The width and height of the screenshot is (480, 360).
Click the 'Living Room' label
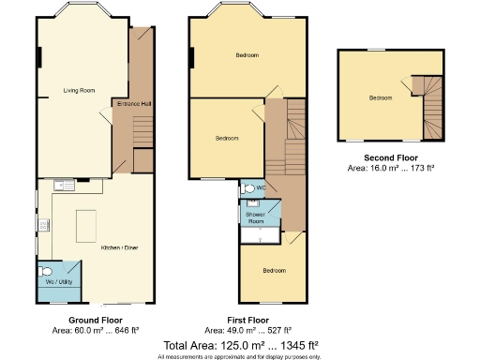click(x=80, y=91)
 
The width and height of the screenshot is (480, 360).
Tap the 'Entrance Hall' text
click(x=132, y=103)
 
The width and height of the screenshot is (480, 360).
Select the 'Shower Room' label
click(x=256, y=217)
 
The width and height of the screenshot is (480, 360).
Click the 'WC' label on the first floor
click(x=261, y=187)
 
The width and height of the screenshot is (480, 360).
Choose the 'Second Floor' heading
click(x=391, y=157)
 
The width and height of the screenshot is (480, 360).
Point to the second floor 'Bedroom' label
click(x=380, y=97)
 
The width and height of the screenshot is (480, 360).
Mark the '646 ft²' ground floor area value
click(x=127, y=330)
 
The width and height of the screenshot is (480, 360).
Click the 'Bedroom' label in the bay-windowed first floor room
click(x=247, y=56)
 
